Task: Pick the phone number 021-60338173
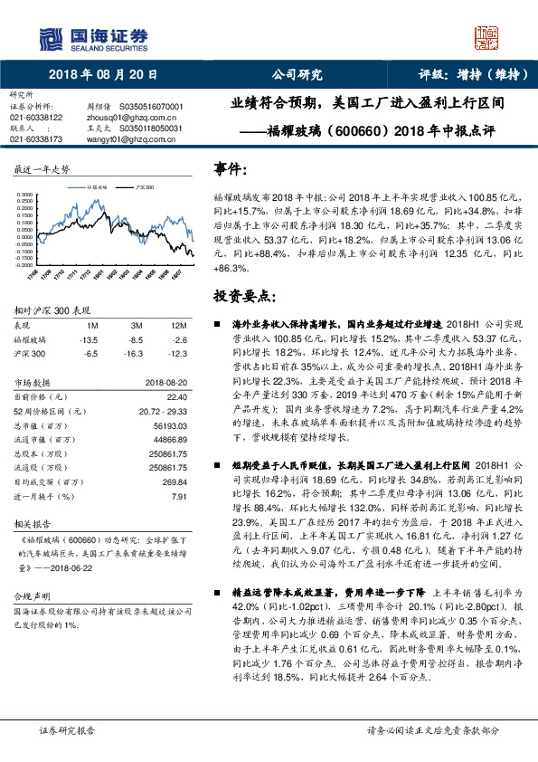point(36,139)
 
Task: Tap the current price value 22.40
point(176,396)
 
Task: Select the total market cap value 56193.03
point(169,426)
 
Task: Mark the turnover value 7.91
point(178,497)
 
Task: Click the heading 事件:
point(231,169)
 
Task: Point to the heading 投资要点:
point(243,295)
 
